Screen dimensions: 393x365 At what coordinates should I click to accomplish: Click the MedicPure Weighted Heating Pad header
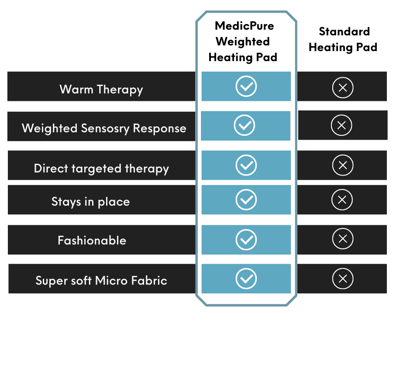point(243,41)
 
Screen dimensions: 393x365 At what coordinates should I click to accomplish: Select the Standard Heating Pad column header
point(343,40)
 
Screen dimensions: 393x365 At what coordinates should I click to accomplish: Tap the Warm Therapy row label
point(101,89)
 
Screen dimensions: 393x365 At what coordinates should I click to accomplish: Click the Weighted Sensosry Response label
point(104,128)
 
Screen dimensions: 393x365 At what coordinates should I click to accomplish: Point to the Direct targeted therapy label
point(101,169)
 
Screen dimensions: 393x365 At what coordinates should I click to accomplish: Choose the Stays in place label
point(91,202)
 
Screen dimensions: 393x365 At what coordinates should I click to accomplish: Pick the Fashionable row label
point(92,241)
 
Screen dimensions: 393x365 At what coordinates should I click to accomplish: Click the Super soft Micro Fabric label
point(101,280)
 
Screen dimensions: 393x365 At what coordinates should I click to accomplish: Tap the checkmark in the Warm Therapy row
point(246,86)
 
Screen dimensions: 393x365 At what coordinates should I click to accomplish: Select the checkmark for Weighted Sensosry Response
point(245,125)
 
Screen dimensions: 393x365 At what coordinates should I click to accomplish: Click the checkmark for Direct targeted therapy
point(246,165)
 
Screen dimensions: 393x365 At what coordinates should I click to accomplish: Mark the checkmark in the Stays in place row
point(246,200)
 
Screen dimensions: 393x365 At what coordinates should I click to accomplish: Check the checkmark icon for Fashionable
point(246,239)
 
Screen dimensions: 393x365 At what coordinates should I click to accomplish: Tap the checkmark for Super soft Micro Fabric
point(246,279)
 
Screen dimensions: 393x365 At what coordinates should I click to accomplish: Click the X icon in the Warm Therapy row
point(343,88)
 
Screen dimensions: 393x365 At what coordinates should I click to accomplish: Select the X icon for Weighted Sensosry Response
point(341,125)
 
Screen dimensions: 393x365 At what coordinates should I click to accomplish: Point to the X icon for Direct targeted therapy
point(343,165)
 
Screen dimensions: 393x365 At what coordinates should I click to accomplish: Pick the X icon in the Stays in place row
point(342,200)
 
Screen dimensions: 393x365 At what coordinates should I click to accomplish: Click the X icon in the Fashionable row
point(343,239)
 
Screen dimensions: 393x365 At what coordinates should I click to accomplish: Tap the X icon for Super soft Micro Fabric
point(343,279)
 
